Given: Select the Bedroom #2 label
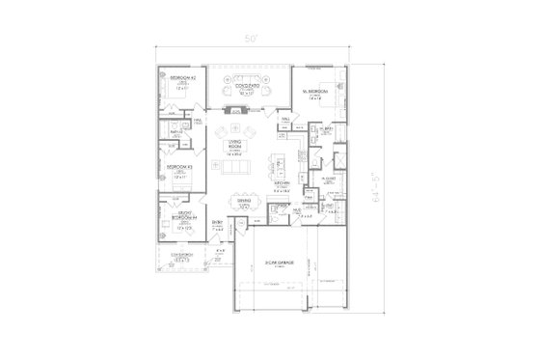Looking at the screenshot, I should click(x=182, y=77).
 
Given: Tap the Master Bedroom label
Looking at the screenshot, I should click(x=315, y=90).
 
